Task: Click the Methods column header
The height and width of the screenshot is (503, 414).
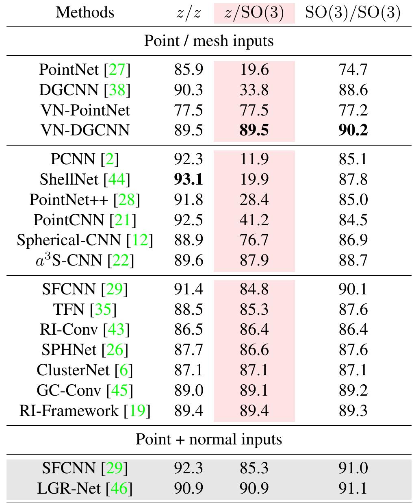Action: (x=85, y=13)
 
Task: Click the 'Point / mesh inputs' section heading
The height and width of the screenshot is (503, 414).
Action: (x=208, y=41)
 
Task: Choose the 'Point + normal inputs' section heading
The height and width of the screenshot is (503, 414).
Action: (x=208, y=440)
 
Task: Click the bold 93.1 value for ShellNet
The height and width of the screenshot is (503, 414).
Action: (x=189, y=179)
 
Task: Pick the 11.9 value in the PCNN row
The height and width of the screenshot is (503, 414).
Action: (x=254, y=159)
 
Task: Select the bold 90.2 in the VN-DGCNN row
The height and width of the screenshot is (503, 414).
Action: (x=353, y=130)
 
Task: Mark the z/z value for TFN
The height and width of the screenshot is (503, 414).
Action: (x=189, y=309)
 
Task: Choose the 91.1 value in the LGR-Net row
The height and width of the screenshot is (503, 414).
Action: (x=353, y=488)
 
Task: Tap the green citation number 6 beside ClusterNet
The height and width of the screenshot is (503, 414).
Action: (x=124, y=370)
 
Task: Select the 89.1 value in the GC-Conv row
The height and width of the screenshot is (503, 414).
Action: (x=254, y=390)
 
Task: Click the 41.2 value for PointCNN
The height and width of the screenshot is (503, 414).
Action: (x=254, y=220)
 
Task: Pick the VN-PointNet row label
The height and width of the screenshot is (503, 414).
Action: (x=85, y=110)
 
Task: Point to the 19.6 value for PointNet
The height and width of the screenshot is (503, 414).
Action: (x=254, y=70)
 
